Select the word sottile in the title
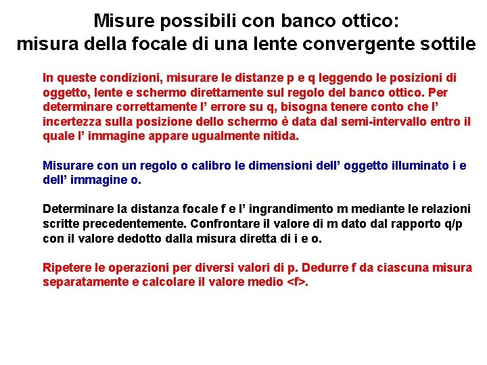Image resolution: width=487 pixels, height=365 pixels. tap(448, 45)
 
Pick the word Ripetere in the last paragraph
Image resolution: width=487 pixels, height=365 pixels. tap(66, 268)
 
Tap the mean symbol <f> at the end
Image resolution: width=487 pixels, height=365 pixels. tap(296, 282)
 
